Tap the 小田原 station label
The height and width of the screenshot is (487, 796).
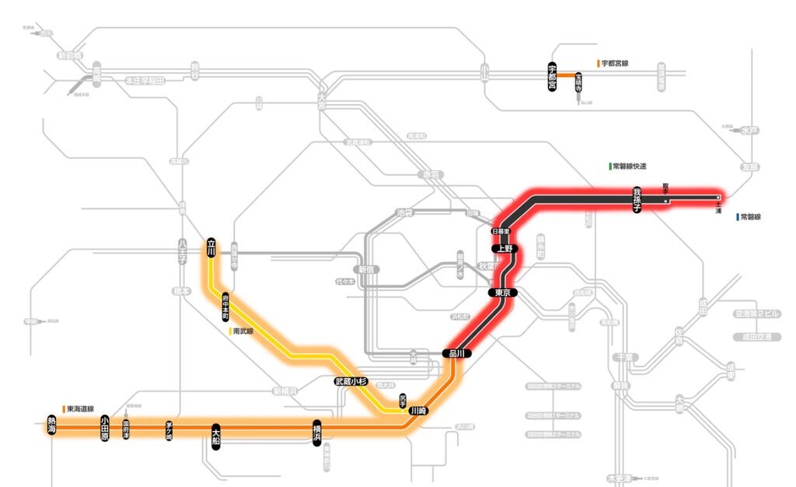[x=105, y=427]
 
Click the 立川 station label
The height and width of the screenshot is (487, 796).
[x=211, y=247]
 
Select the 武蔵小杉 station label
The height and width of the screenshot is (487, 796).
[x=350, y=381]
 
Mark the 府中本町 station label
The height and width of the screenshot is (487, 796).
[x=225, y=307]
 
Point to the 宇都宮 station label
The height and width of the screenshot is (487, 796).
[x=552, y=75]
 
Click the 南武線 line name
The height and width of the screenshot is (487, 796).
[x=243, y=331]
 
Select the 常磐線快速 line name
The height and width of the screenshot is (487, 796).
[x=630, y=166]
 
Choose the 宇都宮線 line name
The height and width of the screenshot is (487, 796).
[x=614, y=63]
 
